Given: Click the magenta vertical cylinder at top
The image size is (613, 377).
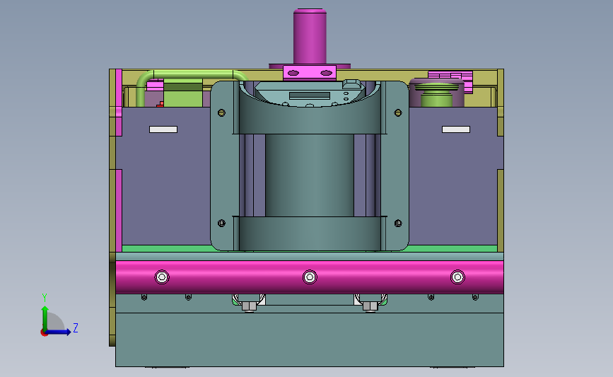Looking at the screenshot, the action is pyautogui.click(x=310, y=37).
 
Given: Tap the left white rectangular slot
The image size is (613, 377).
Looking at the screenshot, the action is pyautogui.click(x=163, y=129).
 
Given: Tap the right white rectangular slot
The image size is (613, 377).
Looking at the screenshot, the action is pyautogui.click(x=456, y=129).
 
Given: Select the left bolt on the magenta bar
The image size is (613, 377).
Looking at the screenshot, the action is pyautogui.click(x=162, y=277).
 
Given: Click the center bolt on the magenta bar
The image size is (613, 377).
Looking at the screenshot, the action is pyautogui.click(x=310, y=277).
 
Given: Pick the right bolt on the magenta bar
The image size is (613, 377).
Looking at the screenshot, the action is pyautogui.click(x=457, y=277).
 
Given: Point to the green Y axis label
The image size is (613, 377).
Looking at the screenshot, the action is pyautogui.click(x=45, y=298).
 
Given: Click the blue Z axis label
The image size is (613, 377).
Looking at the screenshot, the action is pyautogui.click(x=76, y=327).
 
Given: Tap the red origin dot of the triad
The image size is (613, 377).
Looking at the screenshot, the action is pyautogui.click(x=44, y=333).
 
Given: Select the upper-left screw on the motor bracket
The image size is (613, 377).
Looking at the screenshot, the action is pyautogui.click(x=222, y=113).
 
